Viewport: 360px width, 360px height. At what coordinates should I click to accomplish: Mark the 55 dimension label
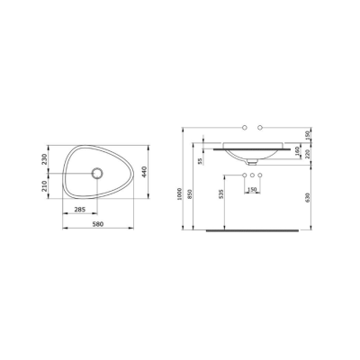point(200,161)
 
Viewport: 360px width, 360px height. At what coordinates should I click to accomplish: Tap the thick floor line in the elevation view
point(252,230)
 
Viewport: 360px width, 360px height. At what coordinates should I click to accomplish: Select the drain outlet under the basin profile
point(253,162)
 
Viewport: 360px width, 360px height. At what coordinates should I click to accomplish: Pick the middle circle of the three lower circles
point(253,174)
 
